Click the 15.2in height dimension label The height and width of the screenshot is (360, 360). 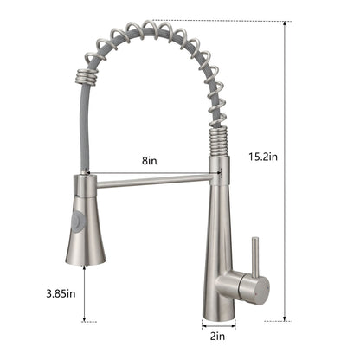coord(263,157)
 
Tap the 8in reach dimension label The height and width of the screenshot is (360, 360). coord(150,160)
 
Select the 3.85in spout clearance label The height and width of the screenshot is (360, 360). coord(61,293)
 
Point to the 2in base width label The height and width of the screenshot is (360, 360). coord(217,336)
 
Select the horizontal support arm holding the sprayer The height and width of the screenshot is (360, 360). coord(153,181)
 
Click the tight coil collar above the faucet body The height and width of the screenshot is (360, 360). coord(218,141)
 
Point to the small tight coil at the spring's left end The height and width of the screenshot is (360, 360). coord(84,76)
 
